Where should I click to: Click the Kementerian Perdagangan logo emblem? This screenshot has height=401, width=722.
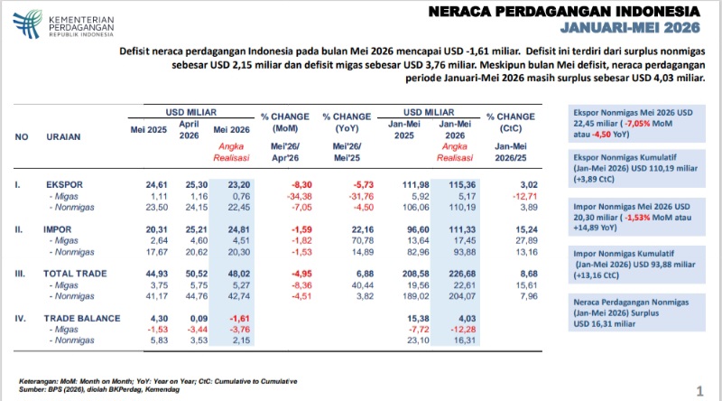click(28, 24)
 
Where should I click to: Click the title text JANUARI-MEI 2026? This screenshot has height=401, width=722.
click(630, 28)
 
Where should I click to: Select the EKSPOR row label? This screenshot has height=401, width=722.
click(64, 185)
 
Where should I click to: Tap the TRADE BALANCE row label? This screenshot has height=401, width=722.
click(82, 319)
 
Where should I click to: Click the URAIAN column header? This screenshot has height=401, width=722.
click(63, 137)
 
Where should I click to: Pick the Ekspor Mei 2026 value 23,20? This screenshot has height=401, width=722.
click(239, 185)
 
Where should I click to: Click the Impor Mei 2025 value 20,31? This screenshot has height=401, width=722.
click(156, 229)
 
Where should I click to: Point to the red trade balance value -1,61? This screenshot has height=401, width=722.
click(239, 319)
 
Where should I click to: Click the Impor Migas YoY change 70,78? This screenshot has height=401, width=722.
click(363, 240)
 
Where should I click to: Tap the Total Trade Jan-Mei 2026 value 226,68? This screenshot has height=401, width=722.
click(462, 274)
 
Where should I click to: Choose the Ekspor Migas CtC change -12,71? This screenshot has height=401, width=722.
click(525, 196)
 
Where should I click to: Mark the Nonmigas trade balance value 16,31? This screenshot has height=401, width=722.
click(464, 340)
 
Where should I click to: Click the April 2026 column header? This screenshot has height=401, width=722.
click(189, 129)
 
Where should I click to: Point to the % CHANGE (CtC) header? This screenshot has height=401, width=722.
click(511, 123)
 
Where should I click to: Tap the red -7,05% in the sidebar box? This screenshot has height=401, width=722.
click(638, 124)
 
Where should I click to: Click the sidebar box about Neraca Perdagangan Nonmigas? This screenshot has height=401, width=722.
click(637, 312)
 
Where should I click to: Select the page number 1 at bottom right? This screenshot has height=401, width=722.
click(700, 391)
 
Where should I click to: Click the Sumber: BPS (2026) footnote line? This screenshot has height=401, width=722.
click(99, 389)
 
